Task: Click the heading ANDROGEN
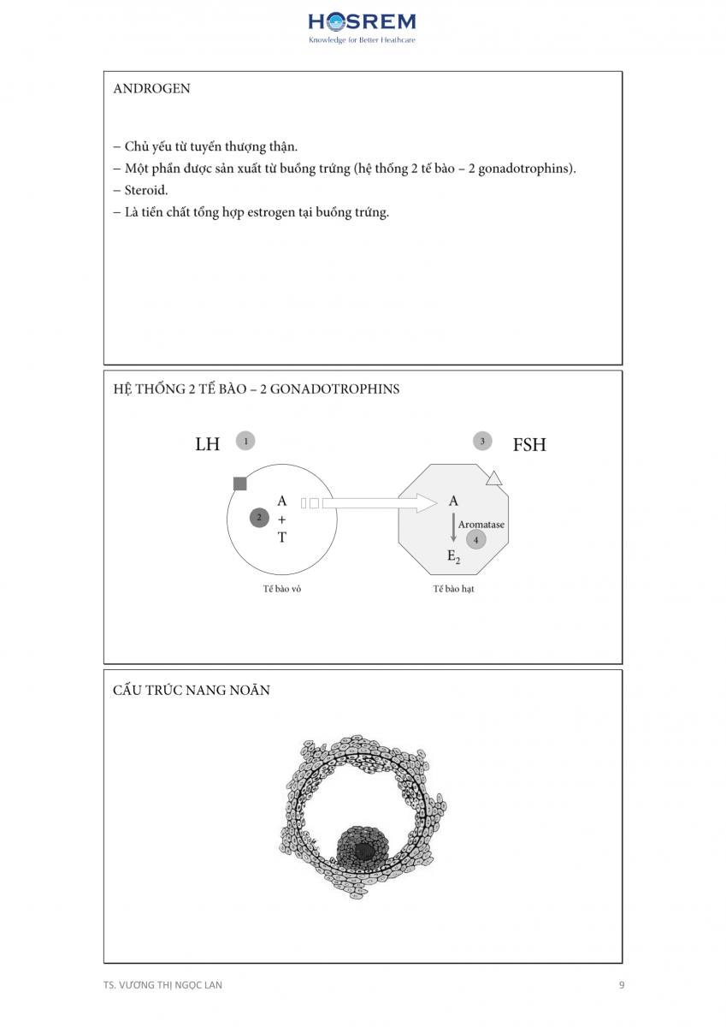point(151,89)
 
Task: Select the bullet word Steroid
point(146,190)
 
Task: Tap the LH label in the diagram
point(208,444)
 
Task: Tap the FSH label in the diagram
point(528,445)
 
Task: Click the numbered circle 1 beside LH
point(245,442)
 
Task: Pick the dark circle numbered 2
point(259,517)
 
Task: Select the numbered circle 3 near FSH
point(483,442)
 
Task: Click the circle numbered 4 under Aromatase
point(476,540)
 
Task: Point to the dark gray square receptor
point(240,484)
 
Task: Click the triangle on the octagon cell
point(493,478)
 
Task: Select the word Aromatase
point(481,524)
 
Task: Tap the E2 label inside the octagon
point(453,557)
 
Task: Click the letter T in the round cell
point(282,537)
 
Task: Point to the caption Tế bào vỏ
point(281,589)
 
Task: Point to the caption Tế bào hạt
point(453,589)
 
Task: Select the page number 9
point(622,985)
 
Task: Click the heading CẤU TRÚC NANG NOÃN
point(192,691)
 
